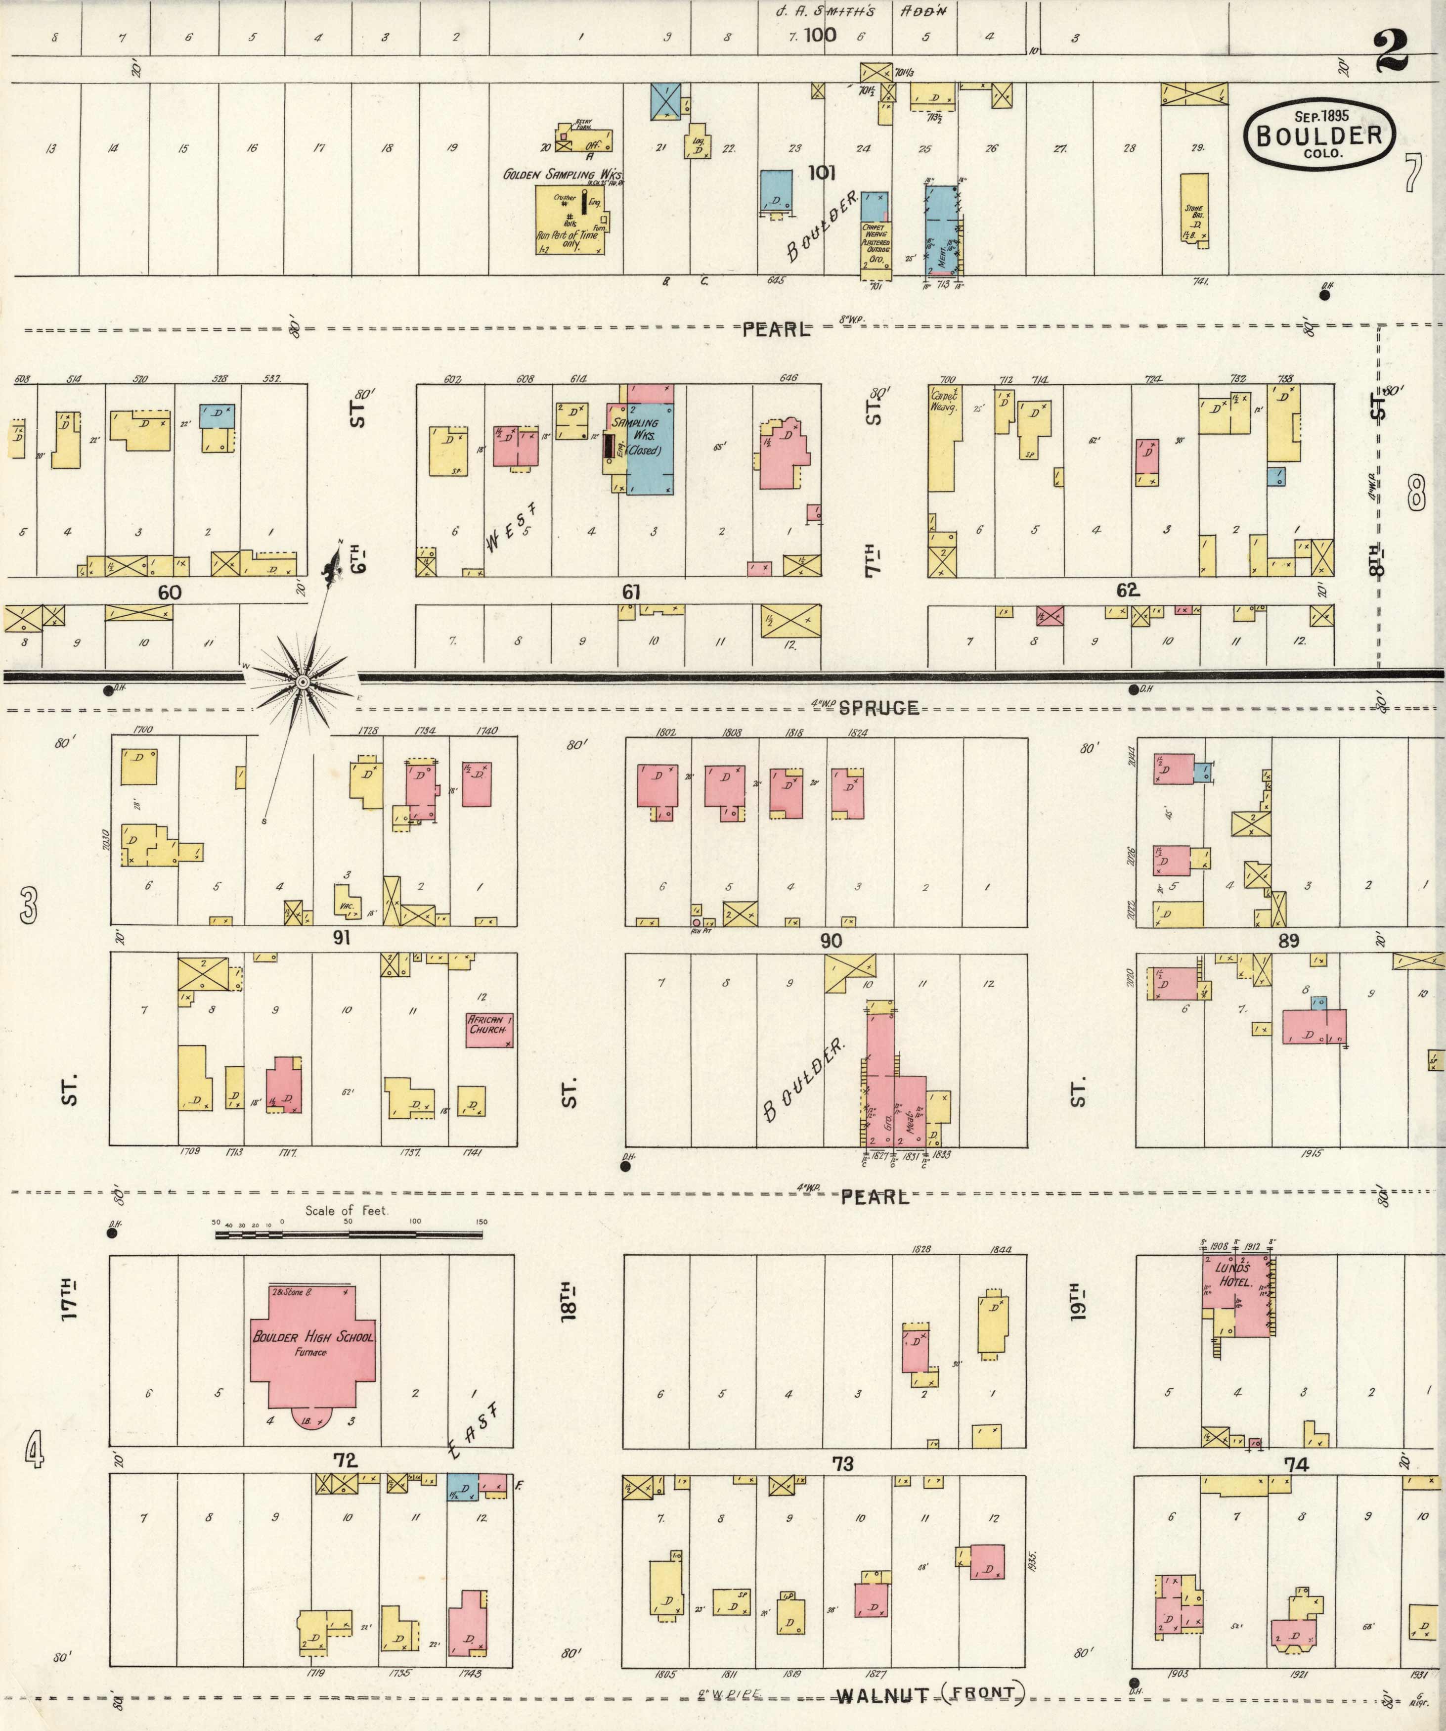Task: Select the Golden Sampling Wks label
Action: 563,175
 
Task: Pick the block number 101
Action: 822,173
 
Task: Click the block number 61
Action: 631,592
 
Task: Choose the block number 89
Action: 1288,941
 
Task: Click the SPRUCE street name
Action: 878,707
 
